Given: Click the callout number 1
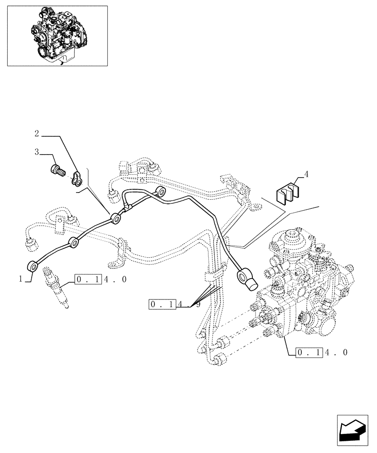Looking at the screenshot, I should [21, 280].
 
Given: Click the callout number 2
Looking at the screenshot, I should [37, 134].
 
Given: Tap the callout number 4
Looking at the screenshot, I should [306, 173].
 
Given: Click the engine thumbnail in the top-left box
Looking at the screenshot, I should [57, 35].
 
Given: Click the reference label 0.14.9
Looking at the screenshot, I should [174, 304].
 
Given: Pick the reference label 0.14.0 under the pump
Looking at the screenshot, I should [322, 352].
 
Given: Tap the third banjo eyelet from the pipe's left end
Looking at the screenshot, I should [116, 220].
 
